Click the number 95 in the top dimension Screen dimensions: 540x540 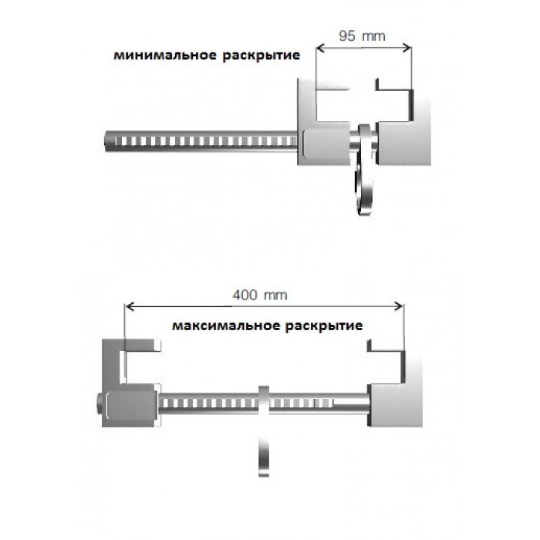347,35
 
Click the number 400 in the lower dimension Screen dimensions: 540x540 245,295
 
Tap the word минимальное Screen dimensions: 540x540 166,55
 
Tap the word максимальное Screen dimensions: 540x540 226,326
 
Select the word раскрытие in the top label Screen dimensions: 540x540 262,56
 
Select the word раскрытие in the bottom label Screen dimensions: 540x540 324,326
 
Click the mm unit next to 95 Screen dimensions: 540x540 374,36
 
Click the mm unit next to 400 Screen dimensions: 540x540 275,295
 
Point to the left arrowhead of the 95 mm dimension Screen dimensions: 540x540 320,48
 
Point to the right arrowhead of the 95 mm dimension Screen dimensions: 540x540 407,48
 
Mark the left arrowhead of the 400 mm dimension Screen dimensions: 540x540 129,306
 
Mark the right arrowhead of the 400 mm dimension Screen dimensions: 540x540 399,306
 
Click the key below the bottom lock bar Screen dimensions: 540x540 264,457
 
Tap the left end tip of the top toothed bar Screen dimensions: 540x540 105,141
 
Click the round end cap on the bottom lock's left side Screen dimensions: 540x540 100,405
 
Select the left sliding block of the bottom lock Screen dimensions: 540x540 131,405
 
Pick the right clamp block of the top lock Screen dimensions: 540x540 403,142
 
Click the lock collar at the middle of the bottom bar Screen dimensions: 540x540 264,402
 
